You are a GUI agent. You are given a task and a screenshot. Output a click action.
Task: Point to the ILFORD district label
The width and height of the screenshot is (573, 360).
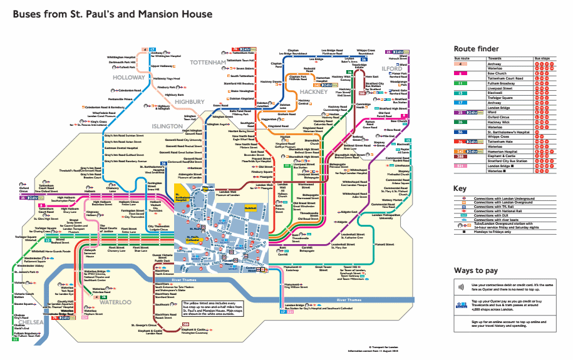point(391,68)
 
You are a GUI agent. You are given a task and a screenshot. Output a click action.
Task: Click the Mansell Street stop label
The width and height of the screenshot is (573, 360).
point(381,244)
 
